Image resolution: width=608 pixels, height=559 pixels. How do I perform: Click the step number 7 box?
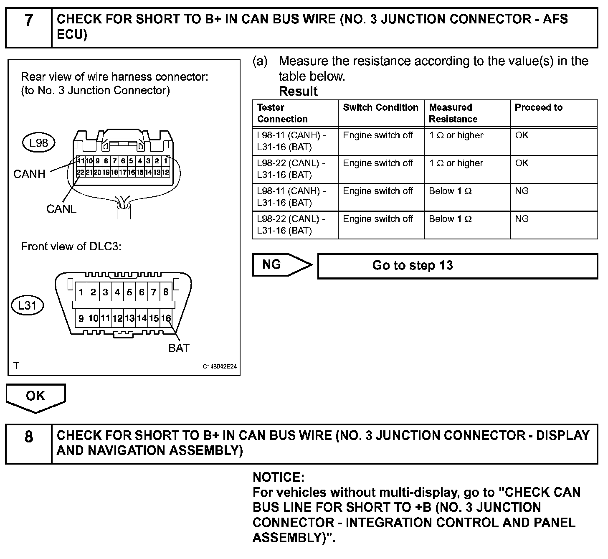tap(28, 27)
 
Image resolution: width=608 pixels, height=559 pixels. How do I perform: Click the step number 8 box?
tap(28, 443)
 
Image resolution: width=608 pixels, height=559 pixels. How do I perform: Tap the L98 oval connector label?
tap(38, 143)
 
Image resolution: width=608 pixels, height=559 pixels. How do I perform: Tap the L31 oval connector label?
tap(27, 305)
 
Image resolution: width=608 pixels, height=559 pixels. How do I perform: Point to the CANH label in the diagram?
tap(29, 174)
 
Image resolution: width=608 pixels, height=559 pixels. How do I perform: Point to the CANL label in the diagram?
tap(61, 208)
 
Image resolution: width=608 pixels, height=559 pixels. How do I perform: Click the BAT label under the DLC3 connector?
tap(179, 348)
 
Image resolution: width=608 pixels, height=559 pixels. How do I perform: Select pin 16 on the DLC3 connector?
tap(166, 318)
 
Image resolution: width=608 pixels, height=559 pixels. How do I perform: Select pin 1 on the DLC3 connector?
tap(81, 292)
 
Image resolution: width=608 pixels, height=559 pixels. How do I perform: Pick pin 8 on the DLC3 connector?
tap(166, 292)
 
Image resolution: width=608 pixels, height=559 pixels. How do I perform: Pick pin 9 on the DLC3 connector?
tap(81, 318)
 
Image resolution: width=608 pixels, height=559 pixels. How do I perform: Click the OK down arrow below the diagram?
tap(35, 398)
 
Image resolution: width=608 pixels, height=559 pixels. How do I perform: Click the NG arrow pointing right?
tap(282, 265)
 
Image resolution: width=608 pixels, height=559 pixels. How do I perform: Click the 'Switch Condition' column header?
tap(380, 108)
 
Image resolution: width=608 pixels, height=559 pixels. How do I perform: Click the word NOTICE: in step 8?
tap(279, 477)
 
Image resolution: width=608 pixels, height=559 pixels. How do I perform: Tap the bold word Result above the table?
tap(298, 91)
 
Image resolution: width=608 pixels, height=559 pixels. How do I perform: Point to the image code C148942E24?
tap(220, 366)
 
